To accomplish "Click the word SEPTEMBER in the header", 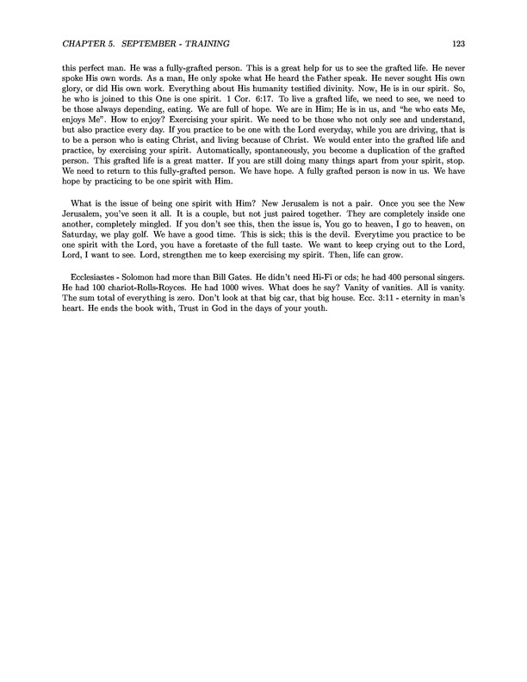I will [x=151, y=42].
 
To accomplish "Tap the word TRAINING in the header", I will [x=221, y=42].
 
